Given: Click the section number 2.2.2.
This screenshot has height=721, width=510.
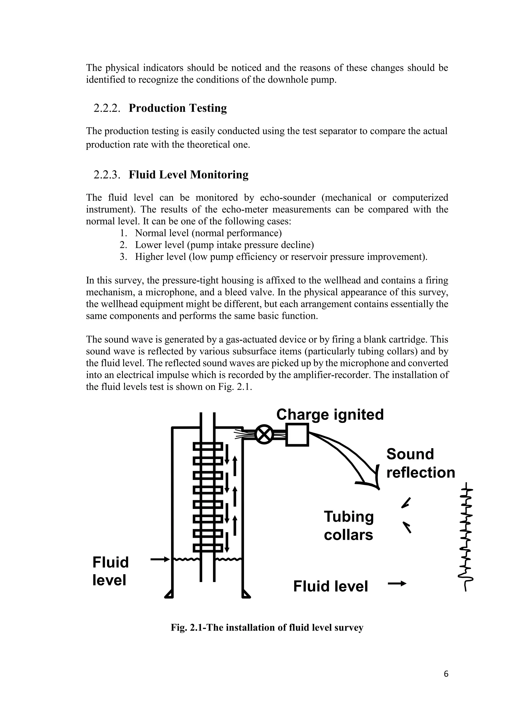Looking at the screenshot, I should click(x=107, y=108).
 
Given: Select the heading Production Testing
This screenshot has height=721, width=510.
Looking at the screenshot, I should click(x=178, y=108).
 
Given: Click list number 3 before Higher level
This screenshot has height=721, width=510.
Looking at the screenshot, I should click(x=123, y=257).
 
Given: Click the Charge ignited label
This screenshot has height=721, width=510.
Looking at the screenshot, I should click(x=330, y=414).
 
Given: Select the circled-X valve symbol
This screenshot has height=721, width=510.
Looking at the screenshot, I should click(x=264, y=435).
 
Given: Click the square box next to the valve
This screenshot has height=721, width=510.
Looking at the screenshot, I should click(x=297, y=435).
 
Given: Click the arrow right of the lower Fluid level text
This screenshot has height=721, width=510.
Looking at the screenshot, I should click(x=397, y=584).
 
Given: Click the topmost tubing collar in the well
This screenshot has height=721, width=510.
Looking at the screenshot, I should click(x=208, y=446).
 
